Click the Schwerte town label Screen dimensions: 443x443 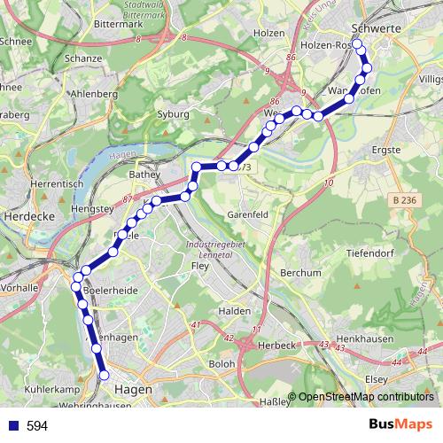click(377, 28)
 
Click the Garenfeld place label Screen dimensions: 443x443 click(248, 214)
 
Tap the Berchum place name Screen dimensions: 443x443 click(301, 273)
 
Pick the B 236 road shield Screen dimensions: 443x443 click(404, 202)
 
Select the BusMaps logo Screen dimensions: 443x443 click(400, 425)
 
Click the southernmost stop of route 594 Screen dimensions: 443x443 click(105, 377)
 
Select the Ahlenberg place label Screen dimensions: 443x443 click(93, 93)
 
